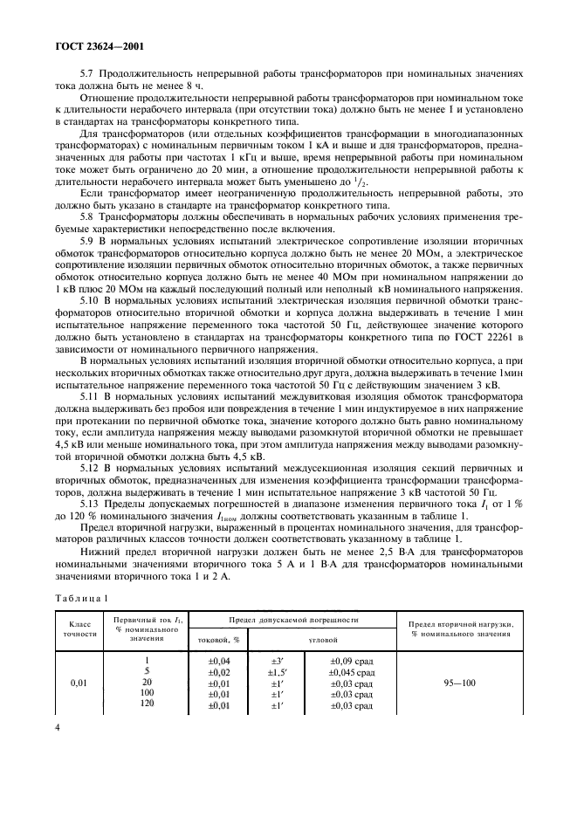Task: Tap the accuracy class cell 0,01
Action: [x=79, y=684]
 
